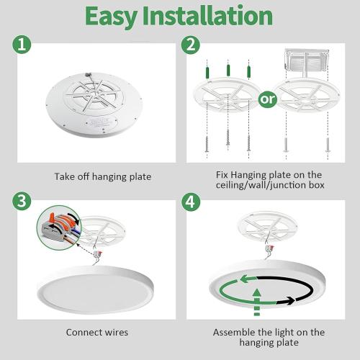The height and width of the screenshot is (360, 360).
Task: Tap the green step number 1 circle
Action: [22, 45]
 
